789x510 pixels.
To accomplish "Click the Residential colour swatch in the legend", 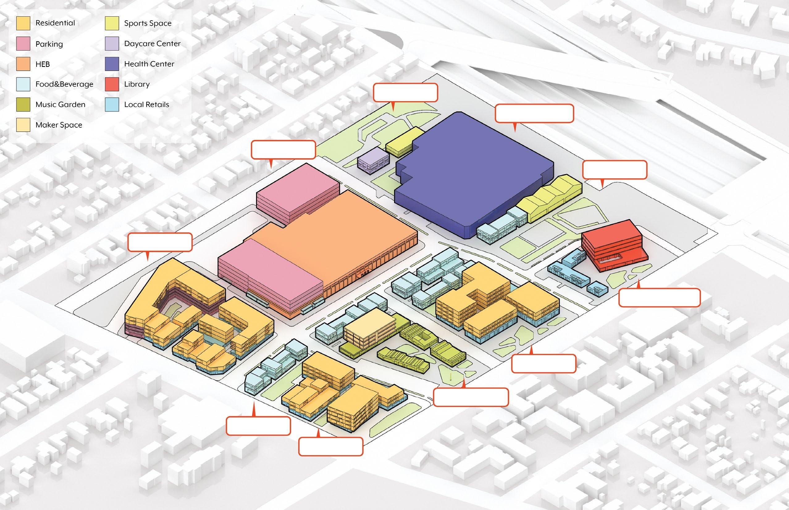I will click(23, 23).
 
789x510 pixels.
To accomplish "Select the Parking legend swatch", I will click(23, 44).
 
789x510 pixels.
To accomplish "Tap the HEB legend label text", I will click(42, 64).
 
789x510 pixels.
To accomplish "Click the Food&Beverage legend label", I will click(64, 84).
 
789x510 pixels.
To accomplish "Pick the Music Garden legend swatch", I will click(23, 105).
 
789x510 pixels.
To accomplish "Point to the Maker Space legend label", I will click(59, 125).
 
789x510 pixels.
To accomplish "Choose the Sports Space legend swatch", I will click(112, 23).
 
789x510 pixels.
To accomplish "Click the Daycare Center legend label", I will click(152, 44).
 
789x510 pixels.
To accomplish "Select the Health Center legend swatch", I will click(112, 64).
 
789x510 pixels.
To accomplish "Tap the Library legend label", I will click(137, 84).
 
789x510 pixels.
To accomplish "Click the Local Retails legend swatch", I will click(112, 105).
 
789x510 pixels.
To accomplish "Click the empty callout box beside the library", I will click(659, 297).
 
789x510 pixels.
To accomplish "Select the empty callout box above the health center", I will click(534, 114).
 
